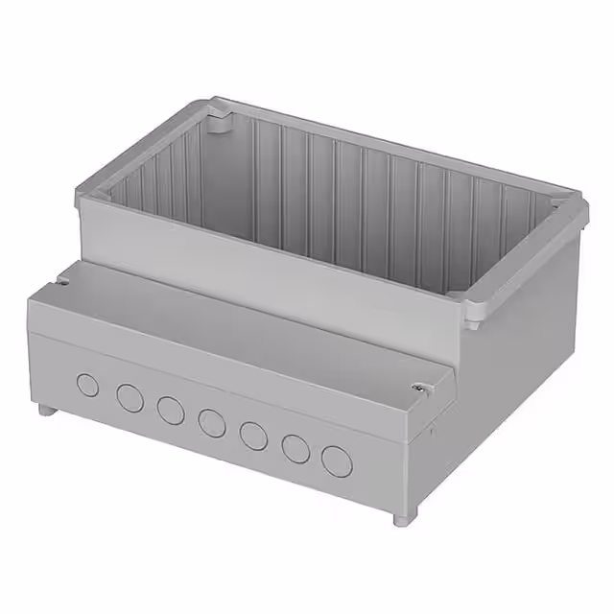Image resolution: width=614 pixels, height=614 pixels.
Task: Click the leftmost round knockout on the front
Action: tap(87, 386)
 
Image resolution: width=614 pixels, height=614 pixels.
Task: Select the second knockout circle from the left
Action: tap(130, 398)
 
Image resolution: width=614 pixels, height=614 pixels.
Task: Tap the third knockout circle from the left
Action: tap(171, 410)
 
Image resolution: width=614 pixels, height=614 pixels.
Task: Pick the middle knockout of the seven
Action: tap(212, 422)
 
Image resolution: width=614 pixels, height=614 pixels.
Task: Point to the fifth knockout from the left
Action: tap(253, 435)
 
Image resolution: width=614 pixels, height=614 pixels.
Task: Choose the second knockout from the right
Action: tap(295, 448)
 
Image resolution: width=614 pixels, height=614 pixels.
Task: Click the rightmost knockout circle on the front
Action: tap(337, 460)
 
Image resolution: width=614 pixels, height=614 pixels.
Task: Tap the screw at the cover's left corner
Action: tap(62, 281)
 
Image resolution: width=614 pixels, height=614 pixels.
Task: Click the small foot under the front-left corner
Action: tap(45, 410)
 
